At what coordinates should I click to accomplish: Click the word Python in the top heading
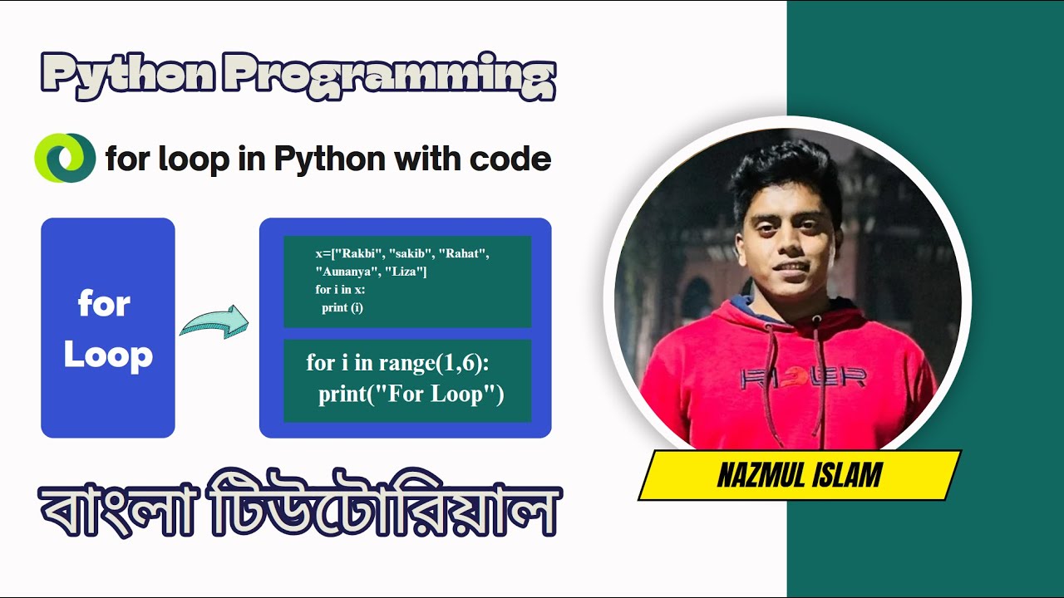pyautogui.click(x=126, y=76)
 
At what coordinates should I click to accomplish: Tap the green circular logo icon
pyautogui.click(x=65, y=158)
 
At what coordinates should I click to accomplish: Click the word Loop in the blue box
pyautogui.click(x=108, y=355)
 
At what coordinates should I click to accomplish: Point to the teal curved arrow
pyautogui.click(x=214, y=321)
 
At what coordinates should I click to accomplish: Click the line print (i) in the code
pyautogui.click(x=342, y=307)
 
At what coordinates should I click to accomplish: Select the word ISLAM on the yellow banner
pyautogui.click(x=849, y=476)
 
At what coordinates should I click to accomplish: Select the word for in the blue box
pyautogui.click(x=104, y=305)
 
